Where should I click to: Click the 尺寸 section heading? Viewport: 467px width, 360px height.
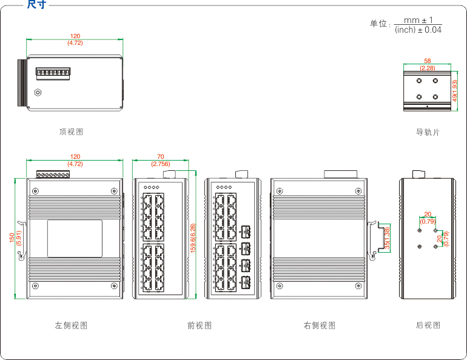[36, 5]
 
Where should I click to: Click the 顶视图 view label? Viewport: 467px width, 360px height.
[71, 132]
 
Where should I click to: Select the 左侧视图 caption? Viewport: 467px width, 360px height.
[71, 325]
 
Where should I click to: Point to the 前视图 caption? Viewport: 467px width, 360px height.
[200, 325]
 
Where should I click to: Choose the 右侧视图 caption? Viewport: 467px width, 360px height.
[320, 325]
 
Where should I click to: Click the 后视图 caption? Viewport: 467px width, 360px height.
[428, 325]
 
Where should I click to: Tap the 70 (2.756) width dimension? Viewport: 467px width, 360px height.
[160, 160]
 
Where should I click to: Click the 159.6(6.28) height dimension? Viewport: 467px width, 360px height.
[193, 238]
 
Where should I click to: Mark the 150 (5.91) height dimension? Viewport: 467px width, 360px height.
[15, 238]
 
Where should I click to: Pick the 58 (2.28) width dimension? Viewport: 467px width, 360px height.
[428, 64]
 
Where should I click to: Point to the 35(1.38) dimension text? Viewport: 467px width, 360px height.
[388, 238]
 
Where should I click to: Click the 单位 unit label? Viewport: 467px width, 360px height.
[378, 24]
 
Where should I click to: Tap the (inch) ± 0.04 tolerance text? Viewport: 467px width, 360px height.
[418, 30]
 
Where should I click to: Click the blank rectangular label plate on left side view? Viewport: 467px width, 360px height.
[75, 238]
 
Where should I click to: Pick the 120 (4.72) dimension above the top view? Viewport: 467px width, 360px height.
[75, 39]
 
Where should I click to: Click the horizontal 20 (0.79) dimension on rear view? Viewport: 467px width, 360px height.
[428, 217]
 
